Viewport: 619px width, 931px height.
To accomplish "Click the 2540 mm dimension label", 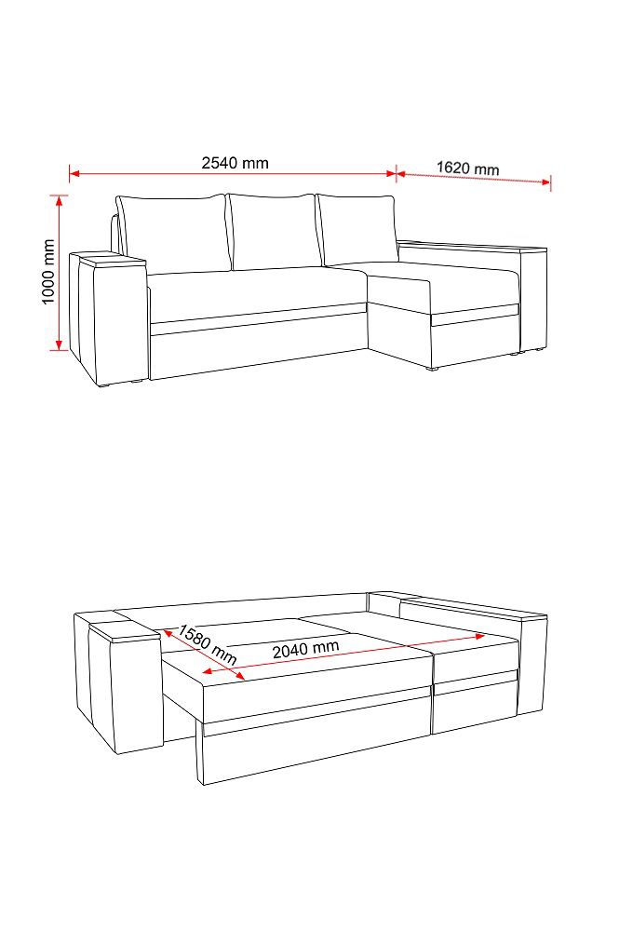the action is pyautogui.click(x=235, y=163).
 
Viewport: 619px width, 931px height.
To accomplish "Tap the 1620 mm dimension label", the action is pyautogui.click(x=467, y=168).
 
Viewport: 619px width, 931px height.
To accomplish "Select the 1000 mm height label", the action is pyautogui.click(x=48, y=272).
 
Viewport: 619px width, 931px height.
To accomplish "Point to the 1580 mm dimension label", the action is pyautogui.click(x=208, y=643).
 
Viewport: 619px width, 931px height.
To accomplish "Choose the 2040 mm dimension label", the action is pyautogui.click(x=306, y=648).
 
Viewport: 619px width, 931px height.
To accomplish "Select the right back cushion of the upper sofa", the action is pyautogui.click(x=357, y=229).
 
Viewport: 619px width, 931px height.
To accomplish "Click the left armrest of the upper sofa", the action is pyautogui.click(x=109, y=317).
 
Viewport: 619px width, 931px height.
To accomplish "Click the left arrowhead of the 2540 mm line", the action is pyautogui.click(x=75, y=174).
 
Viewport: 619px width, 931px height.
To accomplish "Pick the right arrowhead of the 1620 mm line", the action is pyautogui.click(x=545, y=182).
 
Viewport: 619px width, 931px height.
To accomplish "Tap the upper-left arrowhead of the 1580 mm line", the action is pyautogui.click(x=168, y=633).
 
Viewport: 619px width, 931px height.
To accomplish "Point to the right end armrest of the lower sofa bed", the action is pyautogui.click(x=532, y=664).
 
